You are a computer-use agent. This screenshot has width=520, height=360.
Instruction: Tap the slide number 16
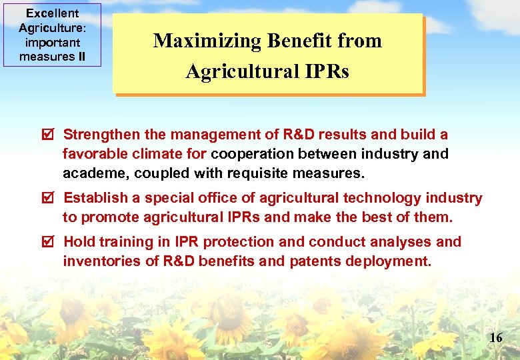point(495,338)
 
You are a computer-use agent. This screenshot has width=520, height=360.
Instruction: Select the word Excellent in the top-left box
point(52,13)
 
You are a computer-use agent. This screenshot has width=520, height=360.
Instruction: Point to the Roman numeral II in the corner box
point(81,56)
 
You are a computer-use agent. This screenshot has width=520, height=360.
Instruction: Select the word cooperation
point(253,154)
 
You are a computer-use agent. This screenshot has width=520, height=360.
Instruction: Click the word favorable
point(94,154)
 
